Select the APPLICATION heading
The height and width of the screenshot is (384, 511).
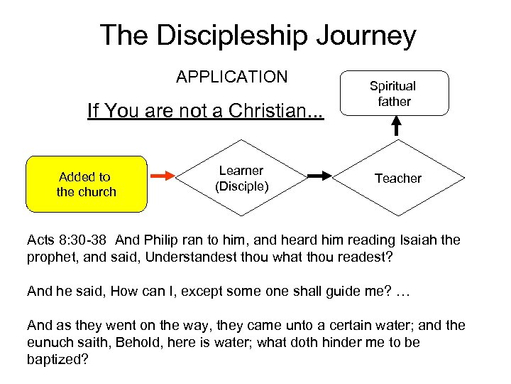click(x=232, y=77)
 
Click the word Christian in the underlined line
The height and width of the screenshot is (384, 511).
click(x=264, y=112)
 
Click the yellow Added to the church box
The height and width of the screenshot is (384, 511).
click(x=86, y=184)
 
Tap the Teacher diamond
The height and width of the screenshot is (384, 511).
click(x=397, y=178)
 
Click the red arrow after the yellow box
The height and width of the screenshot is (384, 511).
click(x=164, y=175)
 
